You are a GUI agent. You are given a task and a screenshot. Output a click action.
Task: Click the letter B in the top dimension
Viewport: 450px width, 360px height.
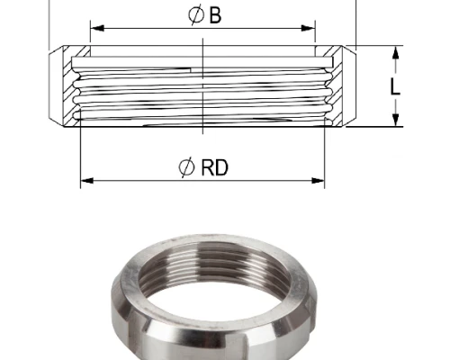click(215, 15)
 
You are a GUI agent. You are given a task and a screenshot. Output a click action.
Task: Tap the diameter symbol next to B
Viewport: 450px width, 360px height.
click(195, 15)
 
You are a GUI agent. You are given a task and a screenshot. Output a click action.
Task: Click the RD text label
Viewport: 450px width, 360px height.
click(214, 167)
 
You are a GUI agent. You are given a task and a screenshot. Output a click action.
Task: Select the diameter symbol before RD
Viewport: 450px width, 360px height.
click(186, 167)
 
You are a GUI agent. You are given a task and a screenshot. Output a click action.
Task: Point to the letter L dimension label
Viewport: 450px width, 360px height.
click(395, 87)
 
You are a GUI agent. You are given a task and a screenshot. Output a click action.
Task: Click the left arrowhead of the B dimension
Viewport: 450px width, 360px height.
click(97, 28)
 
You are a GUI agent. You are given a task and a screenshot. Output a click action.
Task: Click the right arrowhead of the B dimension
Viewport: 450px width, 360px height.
click(308, 28)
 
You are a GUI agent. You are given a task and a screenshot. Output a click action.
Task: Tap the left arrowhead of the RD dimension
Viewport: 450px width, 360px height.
click(87, 181)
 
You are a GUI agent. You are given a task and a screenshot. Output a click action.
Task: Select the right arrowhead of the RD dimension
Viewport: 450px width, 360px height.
click(318, 181)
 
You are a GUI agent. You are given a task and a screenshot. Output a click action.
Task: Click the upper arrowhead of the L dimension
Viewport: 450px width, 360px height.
click(396, 53)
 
